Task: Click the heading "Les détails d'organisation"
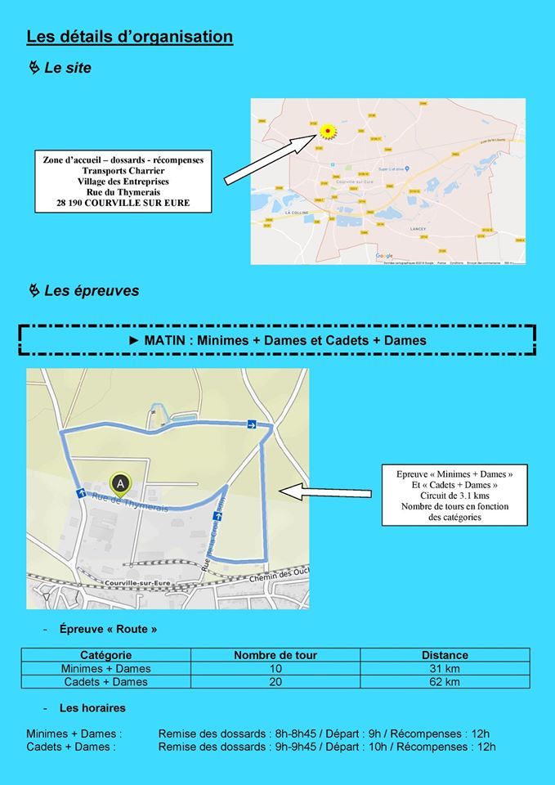coord(130,37)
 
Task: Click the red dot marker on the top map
coord(327,130)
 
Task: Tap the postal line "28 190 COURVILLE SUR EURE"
coord(123,203)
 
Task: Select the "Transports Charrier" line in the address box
coord(123,170)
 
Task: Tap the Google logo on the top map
coord(384,256)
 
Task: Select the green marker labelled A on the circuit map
coord(121,484)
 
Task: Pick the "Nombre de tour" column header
coord(275,655)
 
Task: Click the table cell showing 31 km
coord(445,668)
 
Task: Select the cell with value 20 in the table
coord(275,681)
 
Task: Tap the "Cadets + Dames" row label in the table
coord(106,681)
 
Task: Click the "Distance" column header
coord(445,655)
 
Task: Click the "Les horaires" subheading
coord(92,707)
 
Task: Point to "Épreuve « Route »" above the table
coord(108,630)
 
